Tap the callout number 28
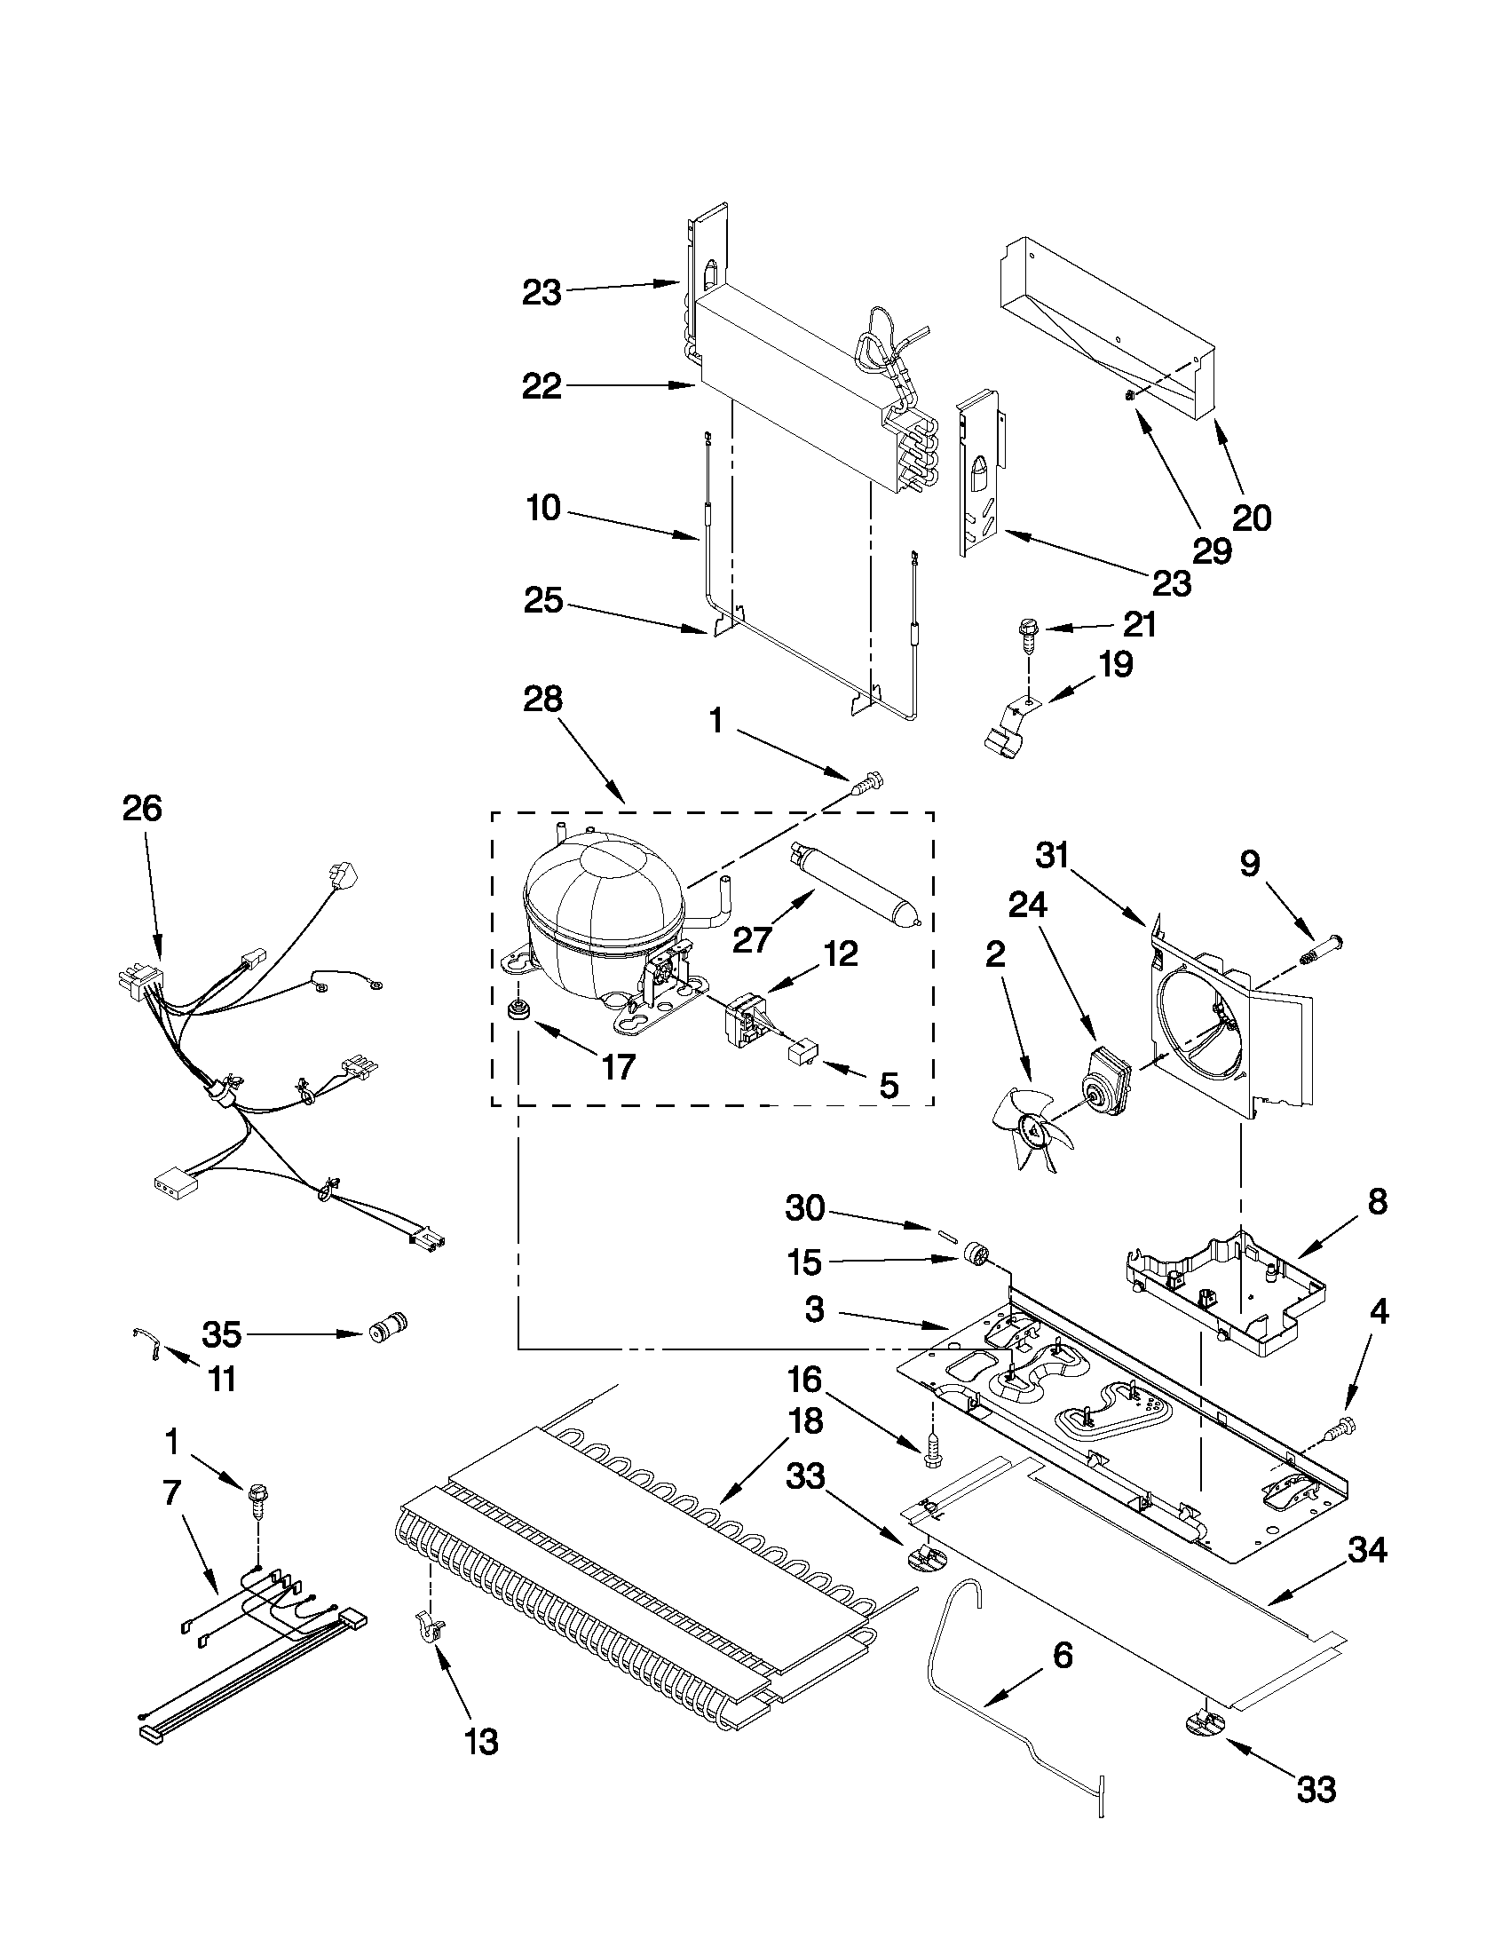click(x=543, y=699)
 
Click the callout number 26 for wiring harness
click(x=142, y=809)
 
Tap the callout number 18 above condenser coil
click(x=806, y=1420)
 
